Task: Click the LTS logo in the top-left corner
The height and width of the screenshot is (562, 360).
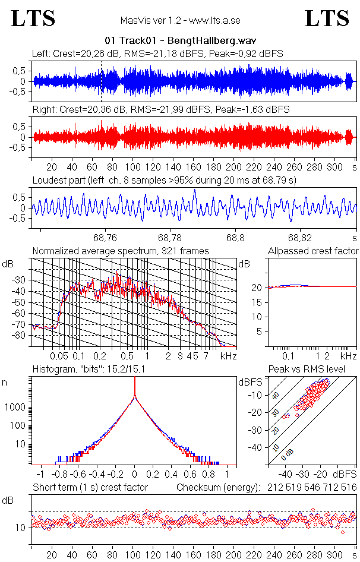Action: tap(33, 19)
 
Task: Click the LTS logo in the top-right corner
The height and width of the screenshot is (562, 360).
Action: tap(327, 19)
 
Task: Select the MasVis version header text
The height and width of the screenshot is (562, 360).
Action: tap(180, 20)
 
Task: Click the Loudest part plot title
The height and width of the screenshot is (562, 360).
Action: tap(165, 180)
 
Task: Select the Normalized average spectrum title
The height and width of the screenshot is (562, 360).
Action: tap(121, 251)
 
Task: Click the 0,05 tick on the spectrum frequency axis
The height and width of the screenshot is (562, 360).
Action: tap(59, 356)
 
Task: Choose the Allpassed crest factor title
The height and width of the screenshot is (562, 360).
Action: tap(313, 251)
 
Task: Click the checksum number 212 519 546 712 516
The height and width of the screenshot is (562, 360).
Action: tap(311, 488)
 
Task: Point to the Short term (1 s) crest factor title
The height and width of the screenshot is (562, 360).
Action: tap(90, 488)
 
